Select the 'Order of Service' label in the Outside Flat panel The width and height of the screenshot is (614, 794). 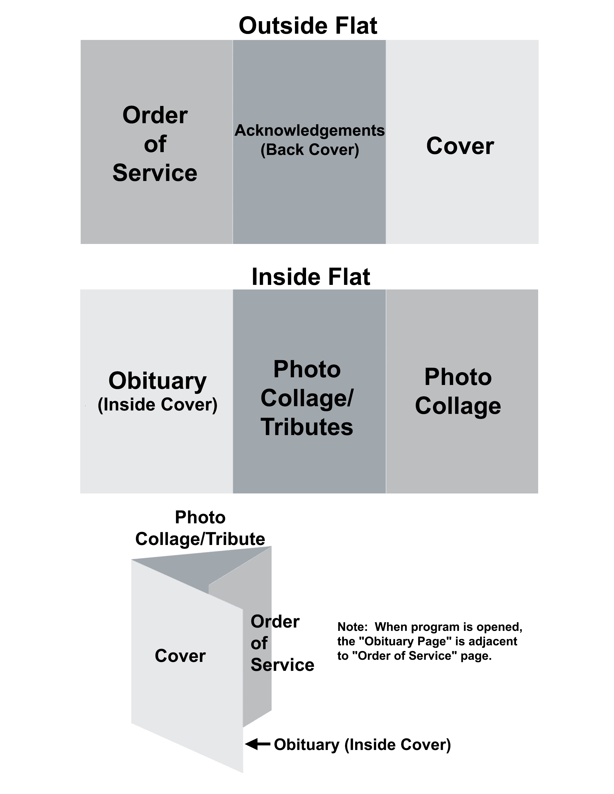click(x=155, y=144)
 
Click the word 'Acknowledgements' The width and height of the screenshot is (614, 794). click(x=310, y=130)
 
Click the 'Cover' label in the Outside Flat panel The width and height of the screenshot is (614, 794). click(x=460, y=146)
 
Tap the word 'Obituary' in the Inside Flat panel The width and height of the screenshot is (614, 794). click(x=157, y=381)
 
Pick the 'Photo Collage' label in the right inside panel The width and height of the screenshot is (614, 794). click(x=458, y=391)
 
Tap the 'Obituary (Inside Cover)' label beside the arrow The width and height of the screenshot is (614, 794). click(x=362, y=745)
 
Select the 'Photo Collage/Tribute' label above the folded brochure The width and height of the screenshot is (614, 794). click(x=200, y=528)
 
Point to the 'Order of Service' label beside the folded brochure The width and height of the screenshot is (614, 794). click(x=282, y=643)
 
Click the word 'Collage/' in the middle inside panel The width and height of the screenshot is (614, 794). click(x=307, y=398)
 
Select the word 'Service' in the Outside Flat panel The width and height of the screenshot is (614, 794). click(x=155, y=173)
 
